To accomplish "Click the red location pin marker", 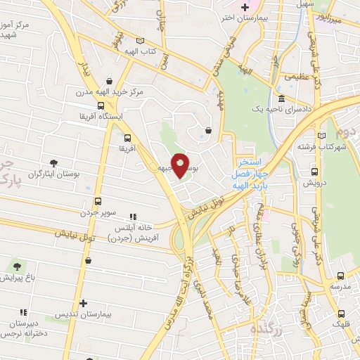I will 180,165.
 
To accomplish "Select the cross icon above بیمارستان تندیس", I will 83,303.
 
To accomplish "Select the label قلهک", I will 342,325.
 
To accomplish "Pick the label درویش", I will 312,181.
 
